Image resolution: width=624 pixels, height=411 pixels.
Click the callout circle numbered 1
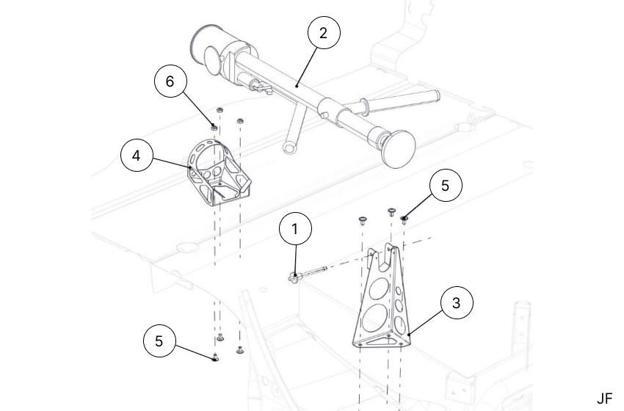point(295,229)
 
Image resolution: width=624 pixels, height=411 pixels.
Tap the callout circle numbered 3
point(457,302)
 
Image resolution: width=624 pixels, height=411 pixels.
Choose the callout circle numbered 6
point(171,81)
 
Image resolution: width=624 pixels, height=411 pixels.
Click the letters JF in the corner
point(603,399)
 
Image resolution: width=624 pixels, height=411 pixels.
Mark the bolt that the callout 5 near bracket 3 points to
point(405,215)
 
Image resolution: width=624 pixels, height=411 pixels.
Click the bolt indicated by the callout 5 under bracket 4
point(214,358)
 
